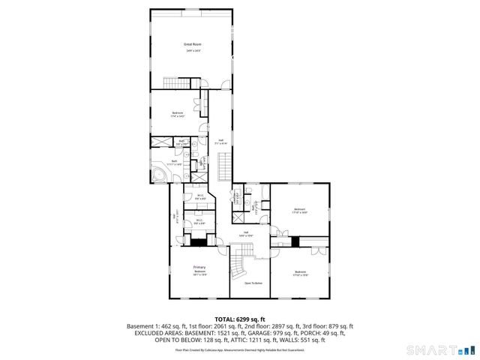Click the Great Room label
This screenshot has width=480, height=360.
tap(193, 44)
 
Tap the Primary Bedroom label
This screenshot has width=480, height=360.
tap(199, 268)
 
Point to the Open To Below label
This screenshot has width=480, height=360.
tap(253, 283)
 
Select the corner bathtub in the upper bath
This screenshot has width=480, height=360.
tap(160, 174)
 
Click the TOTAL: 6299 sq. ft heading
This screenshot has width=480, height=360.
tap(240, 319)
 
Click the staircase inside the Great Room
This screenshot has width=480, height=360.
tap(175, 82)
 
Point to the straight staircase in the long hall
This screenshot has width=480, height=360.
tap(223, 166)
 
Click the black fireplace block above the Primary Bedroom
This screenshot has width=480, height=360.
tap(198, 241)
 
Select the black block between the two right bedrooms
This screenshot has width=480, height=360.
tap(295, 241)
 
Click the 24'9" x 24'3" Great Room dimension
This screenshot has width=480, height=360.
tap(193, 50)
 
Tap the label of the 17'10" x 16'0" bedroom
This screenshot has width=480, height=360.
tap(299, 209)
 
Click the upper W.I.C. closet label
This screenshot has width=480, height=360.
tap(199, 195)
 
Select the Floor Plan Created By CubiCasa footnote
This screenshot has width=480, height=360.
tap(240, 349)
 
